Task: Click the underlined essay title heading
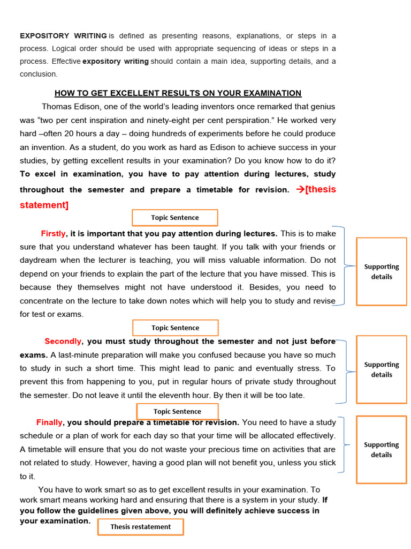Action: coord(178,93)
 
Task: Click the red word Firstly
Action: coord(53,233)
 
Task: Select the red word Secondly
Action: coord(63,341)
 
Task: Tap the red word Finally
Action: coord(49,422)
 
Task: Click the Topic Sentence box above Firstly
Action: coord(175,218)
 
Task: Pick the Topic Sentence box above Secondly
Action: coord(175,328)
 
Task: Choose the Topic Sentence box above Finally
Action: coord(177,411)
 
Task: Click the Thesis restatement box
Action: coord(140,526)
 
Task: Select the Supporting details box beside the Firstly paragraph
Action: coord(382,271)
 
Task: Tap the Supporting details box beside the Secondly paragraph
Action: coord(382,369)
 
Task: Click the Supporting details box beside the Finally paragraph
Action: coord(382,449)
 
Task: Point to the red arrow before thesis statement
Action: coord(300,189)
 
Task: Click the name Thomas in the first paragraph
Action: coord(58,106)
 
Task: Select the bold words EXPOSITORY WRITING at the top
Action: coord(63,36)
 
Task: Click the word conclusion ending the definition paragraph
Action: coord(38,74)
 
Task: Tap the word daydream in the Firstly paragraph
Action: coord(39,260)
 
